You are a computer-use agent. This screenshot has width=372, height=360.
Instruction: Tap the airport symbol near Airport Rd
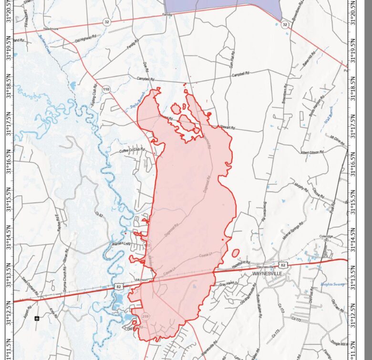tap(37, 317)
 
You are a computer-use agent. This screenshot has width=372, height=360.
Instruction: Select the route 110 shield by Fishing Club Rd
tap(106, 89)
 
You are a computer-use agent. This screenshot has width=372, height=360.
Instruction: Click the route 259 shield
tap(146, 317)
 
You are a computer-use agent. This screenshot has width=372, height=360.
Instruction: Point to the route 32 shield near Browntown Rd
tap(285, 24)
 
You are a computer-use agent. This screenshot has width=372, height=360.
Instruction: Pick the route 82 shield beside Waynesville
tap(283, 264)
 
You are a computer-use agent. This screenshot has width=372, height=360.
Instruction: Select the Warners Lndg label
tap(121, 244)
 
